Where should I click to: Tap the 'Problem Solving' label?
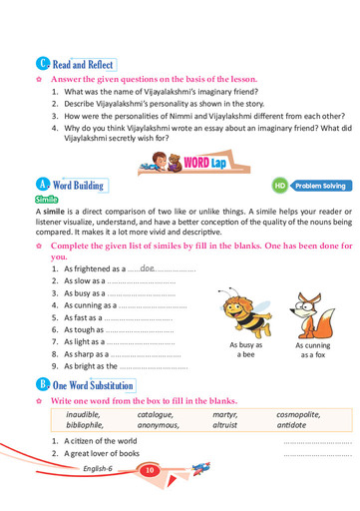click(320, 186)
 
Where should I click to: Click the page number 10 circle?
click(149, 469)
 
